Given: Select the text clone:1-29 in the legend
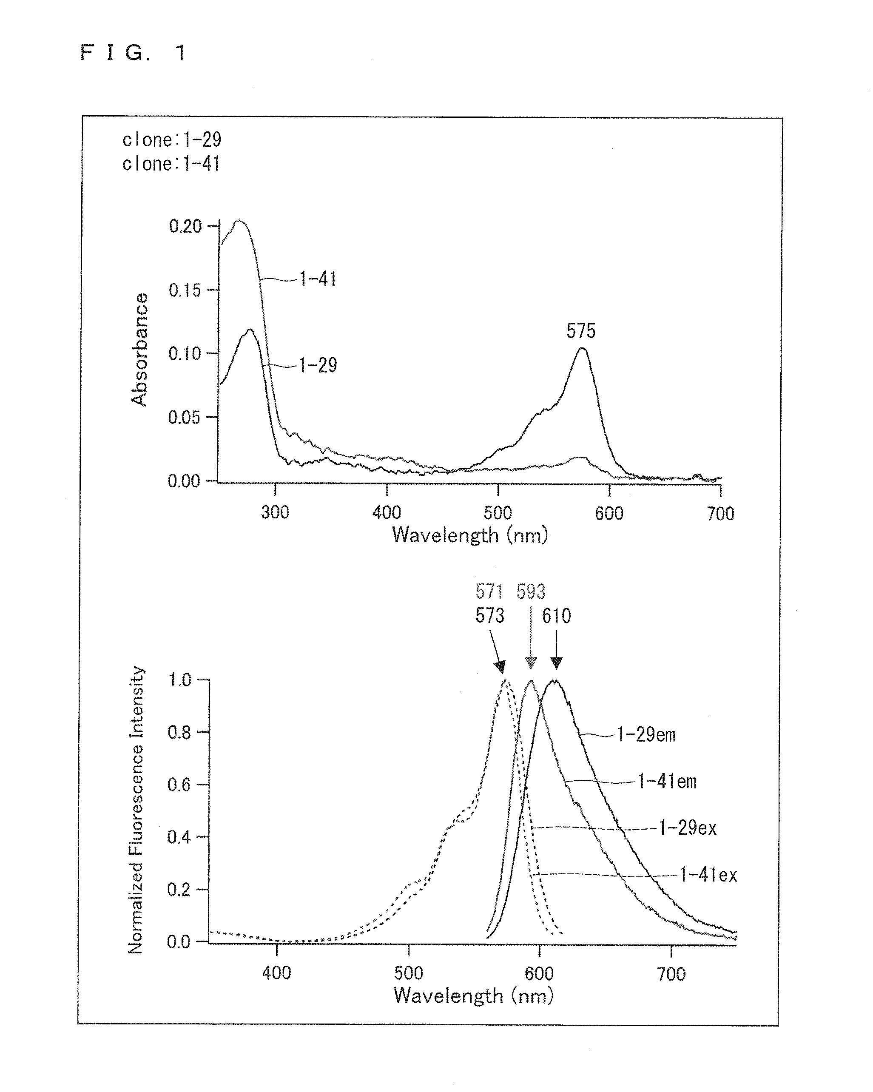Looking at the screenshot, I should tap(172, 140).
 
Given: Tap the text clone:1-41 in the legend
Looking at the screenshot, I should tap(171, 164).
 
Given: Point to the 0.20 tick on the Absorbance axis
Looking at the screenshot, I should tap(185, 226).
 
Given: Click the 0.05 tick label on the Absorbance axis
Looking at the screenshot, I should tap(184, 417).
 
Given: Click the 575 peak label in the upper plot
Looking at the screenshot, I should tap(581, 331).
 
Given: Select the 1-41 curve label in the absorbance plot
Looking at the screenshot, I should tap(318, 279).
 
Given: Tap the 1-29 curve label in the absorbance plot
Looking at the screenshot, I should tap(318, 365).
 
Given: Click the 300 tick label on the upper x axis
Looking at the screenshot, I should tap(275, 512).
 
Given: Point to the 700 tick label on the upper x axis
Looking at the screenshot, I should tap(720, 513).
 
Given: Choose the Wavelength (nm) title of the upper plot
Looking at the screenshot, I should tap(470, 535).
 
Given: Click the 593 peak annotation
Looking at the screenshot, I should tap(531, 591).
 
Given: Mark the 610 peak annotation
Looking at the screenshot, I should tap(557, 616).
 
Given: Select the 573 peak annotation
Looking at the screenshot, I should tap(490, 615).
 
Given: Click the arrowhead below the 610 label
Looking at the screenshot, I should tap(557, 663).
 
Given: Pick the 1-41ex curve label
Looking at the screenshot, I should tap(708, 875).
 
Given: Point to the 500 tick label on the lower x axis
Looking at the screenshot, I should tap(408, 973).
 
